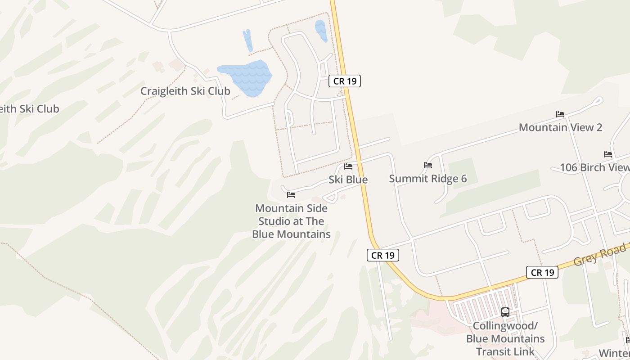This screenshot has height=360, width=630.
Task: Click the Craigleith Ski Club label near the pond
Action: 185,91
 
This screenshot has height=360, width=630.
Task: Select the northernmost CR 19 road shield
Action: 345,81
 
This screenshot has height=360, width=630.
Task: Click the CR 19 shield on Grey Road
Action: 542,272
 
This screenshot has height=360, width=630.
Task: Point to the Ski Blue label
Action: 348,180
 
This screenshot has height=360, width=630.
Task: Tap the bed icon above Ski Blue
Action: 348,166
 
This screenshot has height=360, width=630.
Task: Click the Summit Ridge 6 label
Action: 427,179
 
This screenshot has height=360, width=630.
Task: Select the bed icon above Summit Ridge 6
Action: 427,165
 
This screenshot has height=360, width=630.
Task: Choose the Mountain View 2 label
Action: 560,127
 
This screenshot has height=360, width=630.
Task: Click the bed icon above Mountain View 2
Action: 560,114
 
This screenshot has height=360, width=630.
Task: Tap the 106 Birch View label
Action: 594,167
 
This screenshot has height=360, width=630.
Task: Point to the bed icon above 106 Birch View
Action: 608,154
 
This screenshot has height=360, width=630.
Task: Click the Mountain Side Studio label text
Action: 291,221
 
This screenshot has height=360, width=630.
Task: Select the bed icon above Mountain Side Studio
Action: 291,195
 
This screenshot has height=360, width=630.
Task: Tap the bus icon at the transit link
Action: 505,312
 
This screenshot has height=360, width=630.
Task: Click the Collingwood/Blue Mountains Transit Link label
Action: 505,338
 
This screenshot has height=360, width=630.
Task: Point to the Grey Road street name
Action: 600,254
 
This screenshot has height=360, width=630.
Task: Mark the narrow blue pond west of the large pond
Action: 247,40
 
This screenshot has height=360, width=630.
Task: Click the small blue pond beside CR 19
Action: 321,31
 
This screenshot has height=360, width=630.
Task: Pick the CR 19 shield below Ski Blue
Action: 383,255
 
